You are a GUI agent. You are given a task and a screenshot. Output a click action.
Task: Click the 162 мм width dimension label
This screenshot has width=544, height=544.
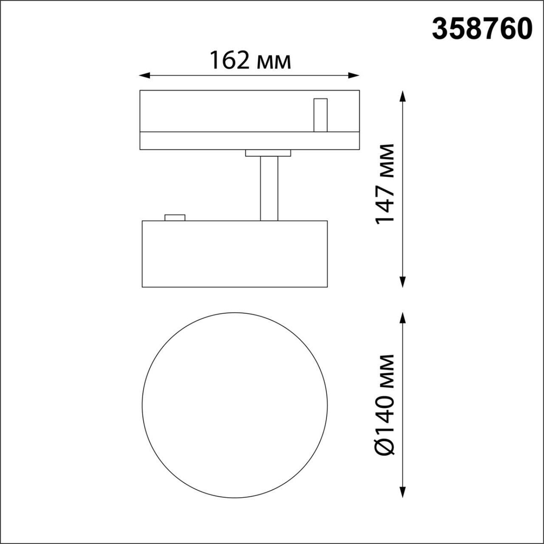point(250,60)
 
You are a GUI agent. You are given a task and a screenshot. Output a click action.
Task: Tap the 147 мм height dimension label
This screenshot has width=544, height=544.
point(385,183)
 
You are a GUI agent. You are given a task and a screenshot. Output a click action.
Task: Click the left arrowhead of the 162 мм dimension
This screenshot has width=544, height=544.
point(144,75)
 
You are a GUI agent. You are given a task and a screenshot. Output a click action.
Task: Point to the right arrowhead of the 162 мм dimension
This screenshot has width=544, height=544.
point(356,75)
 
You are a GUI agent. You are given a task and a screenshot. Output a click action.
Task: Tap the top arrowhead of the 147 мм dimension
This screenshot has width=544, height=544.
point(403,95)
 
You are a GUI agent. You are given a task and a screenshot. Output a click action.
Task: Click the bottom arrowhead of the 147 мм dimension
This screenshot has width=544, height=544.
point(403,282)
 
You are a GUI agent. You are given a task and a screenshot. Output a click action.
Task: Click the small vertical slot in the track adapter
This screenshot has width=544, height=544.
point(320,115)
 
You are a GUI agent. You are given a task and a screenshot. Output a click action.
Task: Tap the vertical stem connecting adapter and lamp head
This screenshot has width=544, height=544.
point(269,188)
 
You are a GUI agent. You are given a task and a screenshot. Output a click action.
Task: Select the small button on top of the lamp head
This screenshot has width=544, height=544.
point(175,218)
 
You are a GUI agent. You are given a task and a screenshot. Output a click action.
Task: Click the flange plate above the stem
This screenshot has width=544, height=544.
point(269,153)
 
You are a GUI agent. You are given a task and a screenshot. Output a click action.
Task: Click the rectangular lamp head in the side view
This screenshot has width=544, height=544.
point(234,253)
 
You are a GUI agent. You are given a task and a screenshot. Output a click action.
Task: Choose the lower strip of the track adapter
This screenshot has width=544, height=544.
point(249,140)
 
